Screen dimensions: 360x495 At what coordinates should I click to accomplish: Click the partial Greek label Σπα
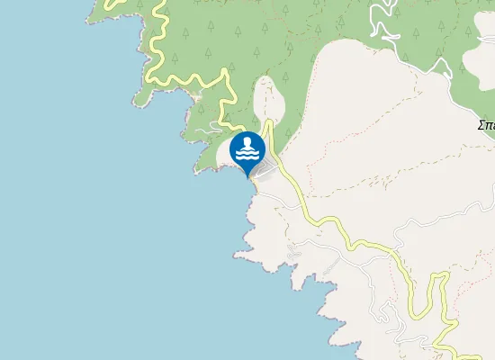pyautogui.click(x=486, y=126)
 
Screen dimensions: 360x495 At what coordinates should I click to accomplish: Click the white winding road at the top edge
pyautogui.click(x=382, y=22)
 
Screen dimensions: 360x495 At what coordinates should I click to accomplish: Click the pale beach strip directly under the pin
pyautogui.click(x=254, y=184)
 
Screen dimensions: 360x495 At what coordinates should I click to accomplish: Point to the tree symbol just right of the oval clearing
pyautogui.click(x=289, y=108)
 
